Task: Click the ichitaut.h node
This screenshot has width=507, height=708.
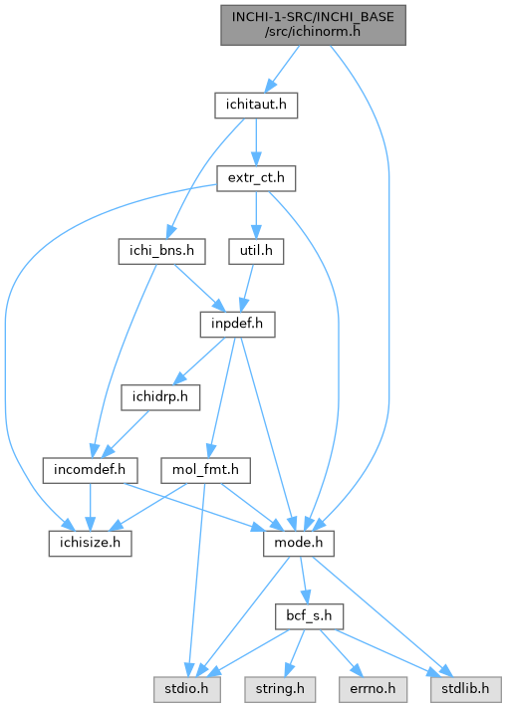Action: pos(256,106)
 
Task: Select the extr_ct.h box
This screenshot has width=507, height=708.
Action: pos(256,178)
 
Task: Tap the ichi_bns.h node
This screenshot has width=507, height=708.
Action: pos(161,251)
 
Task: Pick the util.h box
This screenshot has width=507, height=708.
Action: pos(256,251)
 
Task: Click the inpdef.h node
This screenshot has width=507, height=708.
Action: pos(237,325)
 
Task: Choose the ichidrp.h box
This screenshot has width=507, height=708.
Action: pos(160,397)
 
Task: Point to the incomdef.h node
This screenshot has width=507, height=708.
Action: pos(90,470)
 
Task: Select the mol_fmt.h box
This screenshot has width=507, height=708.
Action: pos(205,470)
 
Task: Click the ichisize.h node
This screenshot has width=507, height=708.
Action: pos(91,543)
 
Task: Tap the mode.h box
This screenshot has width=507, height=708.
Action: pos(299,543)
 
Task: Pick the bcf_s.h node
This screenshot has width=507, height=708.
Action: pos(309,616)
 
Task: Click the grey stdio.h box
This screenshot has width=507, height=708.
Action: pos(187,689)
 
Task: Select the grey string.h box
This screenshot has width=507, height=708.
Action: pos(280,689)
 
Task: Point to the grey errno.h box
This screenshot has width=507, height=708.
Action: pos(373,689)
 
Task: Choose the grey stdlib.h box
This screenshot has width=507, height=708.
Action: pos(465,689)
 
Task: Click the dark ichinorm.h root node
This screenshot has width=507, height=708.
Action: pos(313,25)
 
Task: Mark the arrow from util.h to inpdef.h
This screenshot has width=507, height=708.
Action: pos(248,288)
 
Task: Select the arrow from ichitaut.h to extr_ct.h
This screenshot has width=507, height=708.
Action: pos(256,141)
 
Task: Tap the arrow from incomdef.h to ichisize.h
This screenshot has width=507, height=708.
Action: pos(90,507)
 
